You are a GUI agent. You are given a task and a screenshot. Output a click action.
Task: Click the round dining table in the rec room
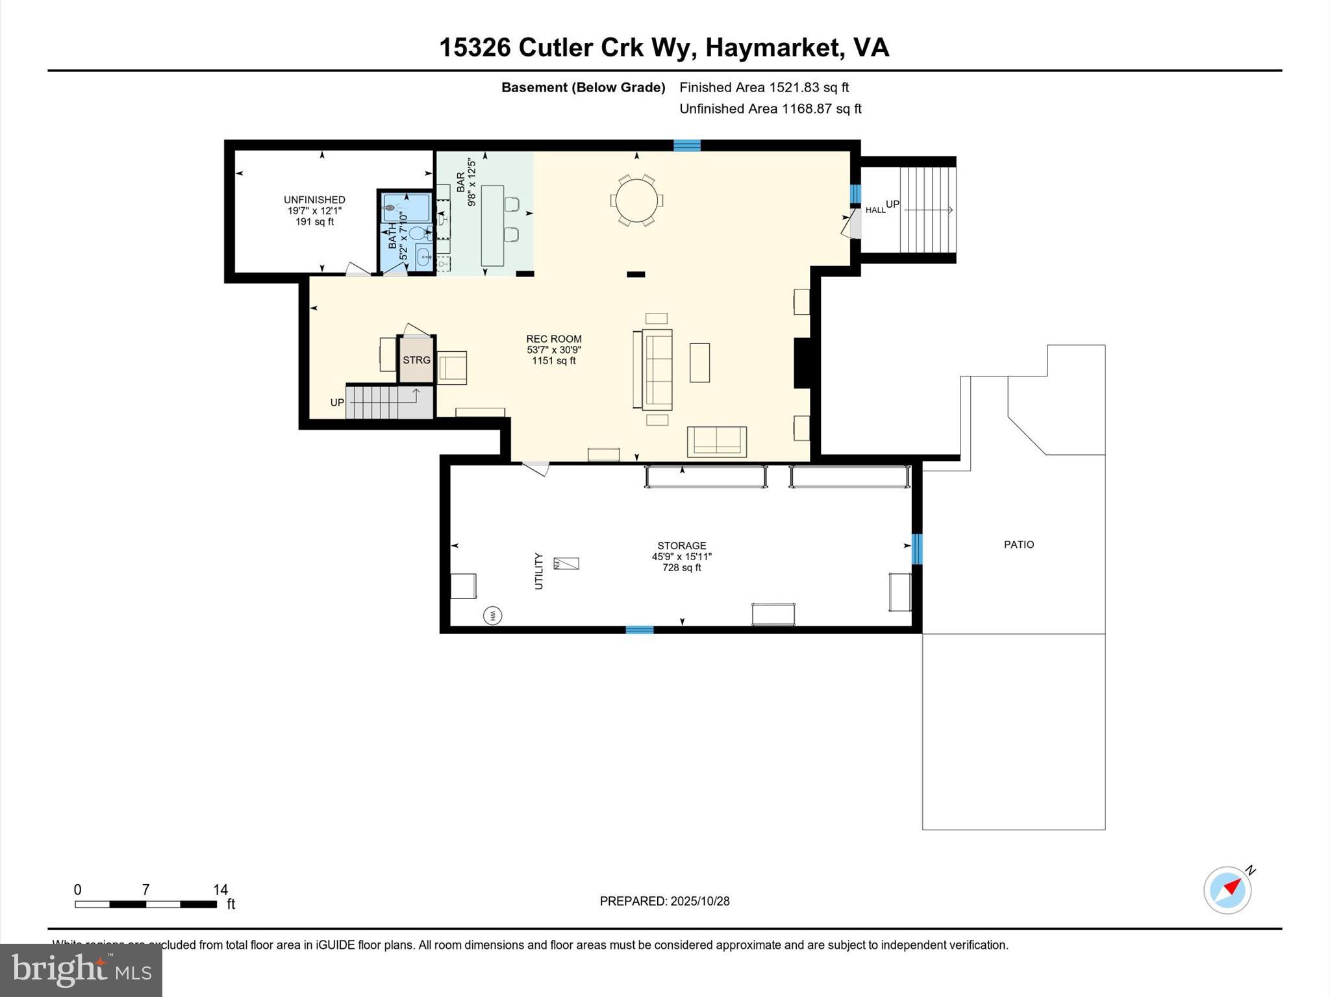point(636,200)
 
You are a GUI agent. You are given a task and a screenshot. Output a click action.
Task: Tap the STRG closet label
point(416,360)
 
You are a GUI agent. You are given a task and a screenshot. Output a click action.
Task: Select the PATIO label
point(1018,545)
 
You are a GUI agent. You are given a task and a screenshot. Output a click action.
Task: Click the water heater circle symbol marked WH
point(492,615)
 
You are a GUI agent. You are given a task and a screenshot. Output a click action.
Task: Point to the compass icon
point(1227,890)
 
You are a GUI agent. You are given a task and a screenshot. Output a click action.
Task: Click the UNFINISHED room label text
point(314,200)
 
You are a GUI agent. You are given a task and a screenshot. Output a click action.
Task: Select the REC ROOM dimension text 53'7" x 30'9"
point(553,350)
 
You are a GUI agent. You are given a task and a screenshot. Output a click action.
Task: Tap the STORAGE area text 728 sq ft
point(681,568)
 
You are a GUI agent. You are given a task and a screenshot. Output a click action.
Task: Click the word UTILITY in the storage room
point(538,571)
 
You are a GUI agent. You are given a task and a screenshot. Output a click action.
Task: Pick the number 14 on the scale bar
point(220,890)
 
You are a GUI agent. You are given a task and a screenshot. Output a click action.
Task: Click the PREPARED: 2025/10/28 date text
point(664,901)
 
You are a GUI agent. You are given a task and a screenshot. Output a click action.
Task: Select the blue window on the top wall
point(686,145)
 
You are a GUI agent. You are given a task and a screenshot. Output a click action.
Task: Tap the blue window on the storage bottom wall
point(639,630)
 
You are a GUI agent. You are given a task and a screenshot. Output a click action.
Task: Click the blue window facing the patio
point(916,548)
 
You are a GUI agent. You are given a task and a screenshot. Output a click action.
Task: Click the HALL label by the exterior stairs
point(875,210)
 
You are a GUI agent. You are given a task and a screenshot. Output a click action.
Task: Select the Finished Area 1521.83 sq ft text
point(764,88)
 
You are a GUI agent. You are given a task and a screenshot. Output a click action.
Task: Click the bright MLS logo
point(81,970)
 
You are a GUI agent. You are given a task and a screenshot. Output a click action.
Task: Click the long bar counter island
point(492,226)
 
